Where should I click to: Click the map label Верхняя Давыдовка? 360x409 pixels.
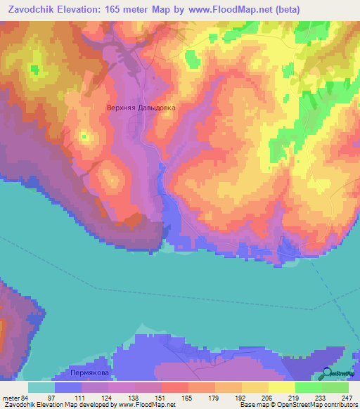[x=140, y=108]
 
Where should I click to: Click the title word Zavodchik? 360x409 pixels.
[x=32, y=10]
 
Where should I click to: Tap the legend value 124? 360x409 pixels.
[x=107, y=397]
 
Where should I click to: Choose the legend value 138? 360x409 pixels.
[x=137, y=397]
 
